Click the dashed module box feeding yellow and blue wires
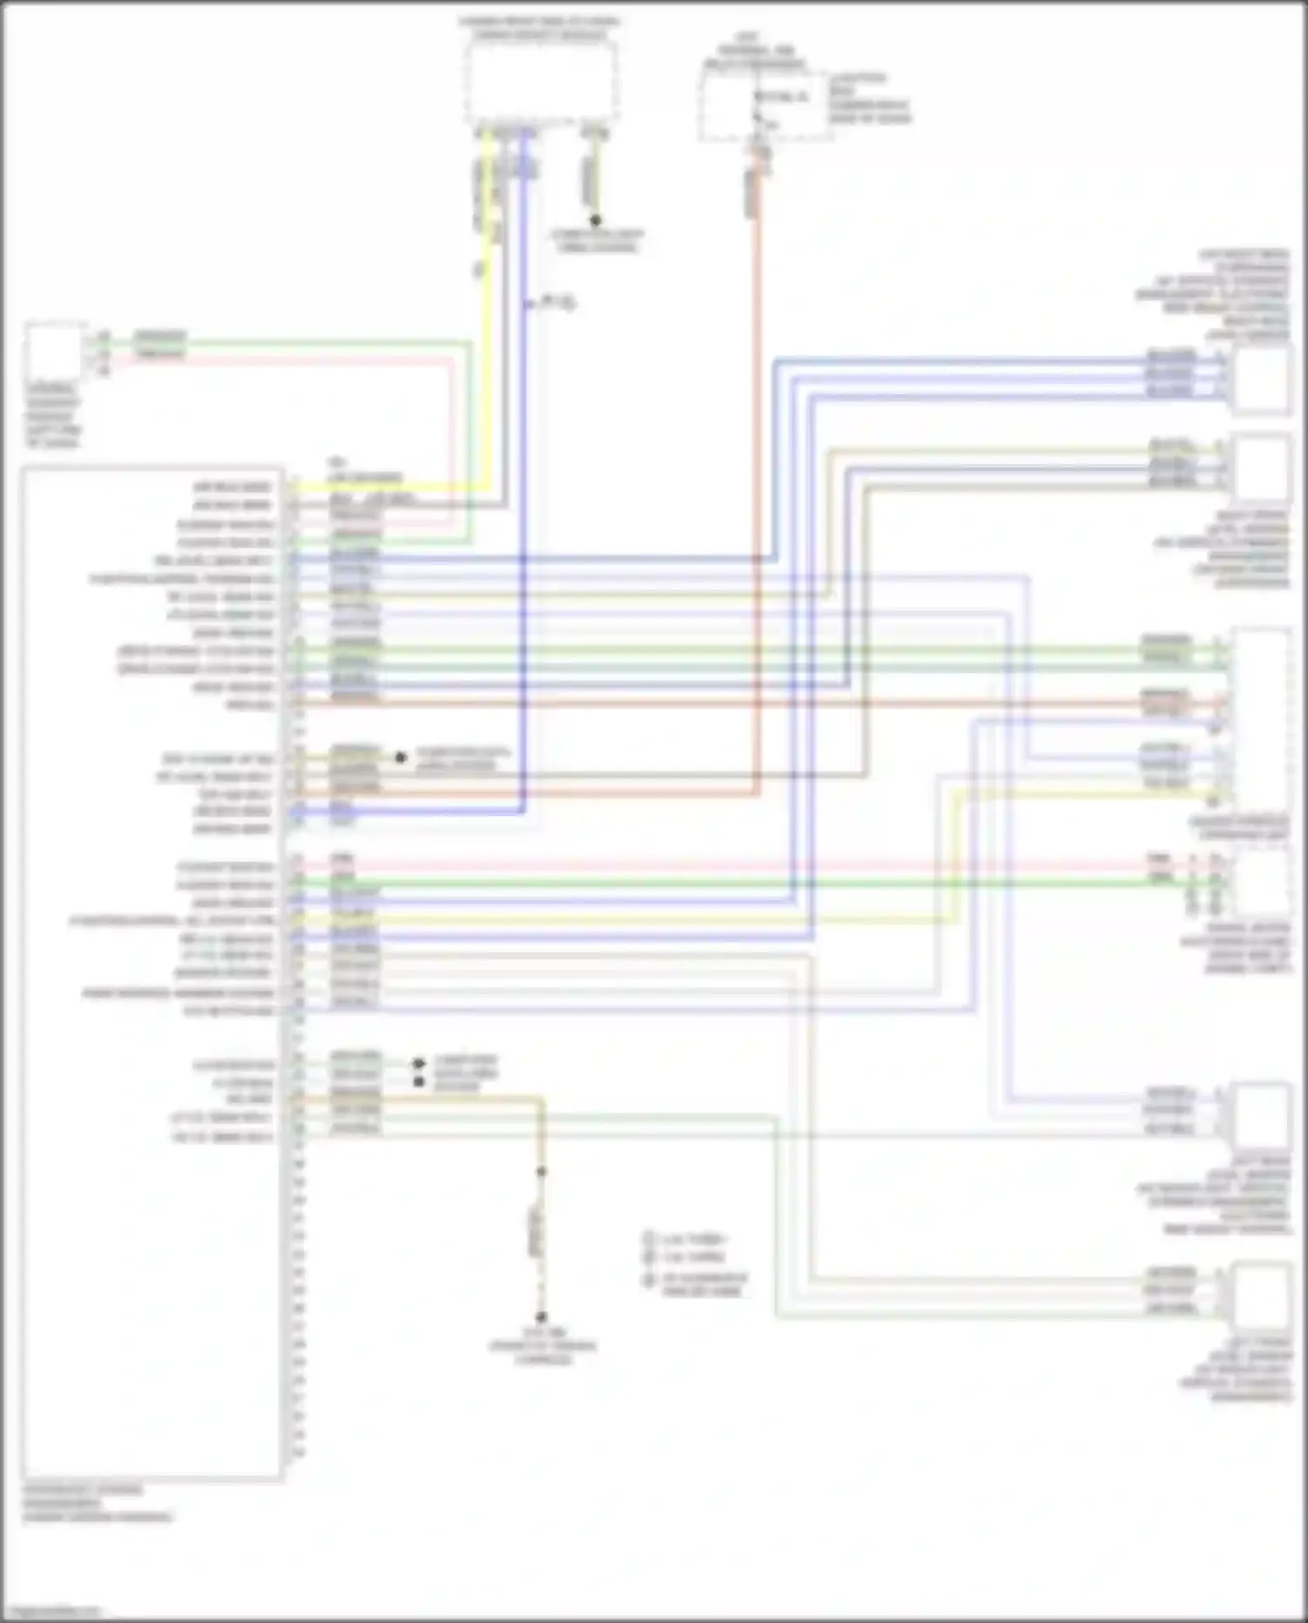pyautogui.click(x=542, y=83)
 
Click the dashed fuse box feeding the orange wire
pyautogui.click(x=763, y=105)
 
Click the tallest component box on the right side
pyautogui.click(x=1261, y=719)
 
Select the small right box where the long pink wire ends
pyautogui.click(x=1261, y=881)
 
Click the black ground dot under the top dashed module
pyautogui.click(x=596, y=221)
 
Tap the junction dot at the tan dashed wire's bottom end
pyautogui.click(x=541, y=1317)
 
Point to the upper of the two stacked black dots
pyautogui.click(x=419, y=1064)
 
